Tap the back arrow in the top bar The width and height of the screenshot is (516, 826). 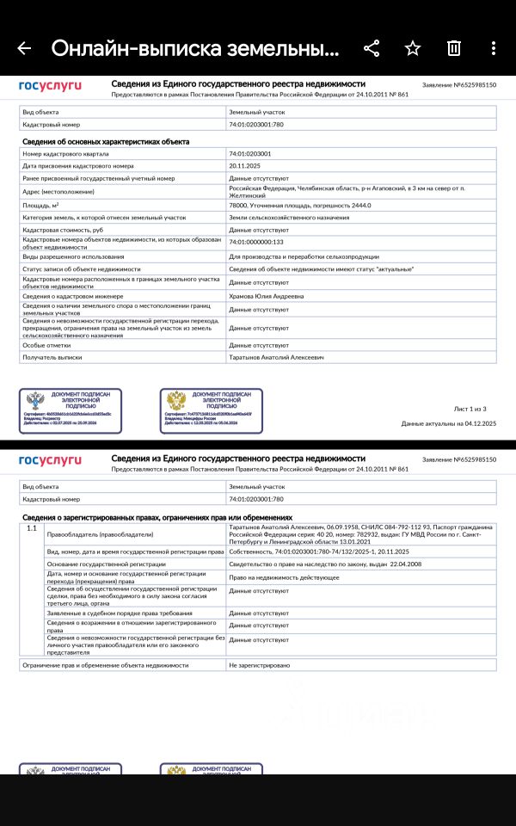click(24, 48)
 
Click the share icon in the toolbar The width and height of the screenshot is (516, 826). click(372, 48)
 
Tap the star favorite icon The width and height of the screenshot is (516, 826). click(413, 48)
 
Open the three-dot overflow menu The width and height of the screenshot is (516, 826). click(493, 48)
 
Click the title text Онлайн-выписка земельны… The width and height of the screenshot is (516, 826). click(194, 48)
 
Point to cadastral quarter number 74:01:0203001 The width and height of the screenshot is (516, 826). click(249, 153)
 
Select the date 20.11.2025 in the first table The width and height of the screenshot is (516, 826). click(245, 165)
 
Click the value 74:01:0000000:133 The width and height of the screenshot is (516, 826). click(255, 243)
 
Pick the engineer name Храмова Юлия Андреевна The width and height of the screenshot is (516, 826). click(267, 296)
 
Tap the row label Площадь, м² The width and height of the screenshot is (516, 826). click(40, 206)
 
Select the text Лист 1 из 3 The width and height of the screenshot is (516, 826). click(470, 409)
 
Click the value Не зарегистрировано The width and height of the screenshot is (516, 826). click(259, 665)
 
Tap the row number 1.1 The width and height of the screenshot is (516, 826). click(32, 527)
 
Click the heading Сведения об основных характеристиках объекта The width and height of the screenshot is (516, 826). click(106, 141)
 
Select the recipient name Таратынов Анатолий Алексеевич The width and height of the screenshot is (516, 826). click(276, 356)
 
